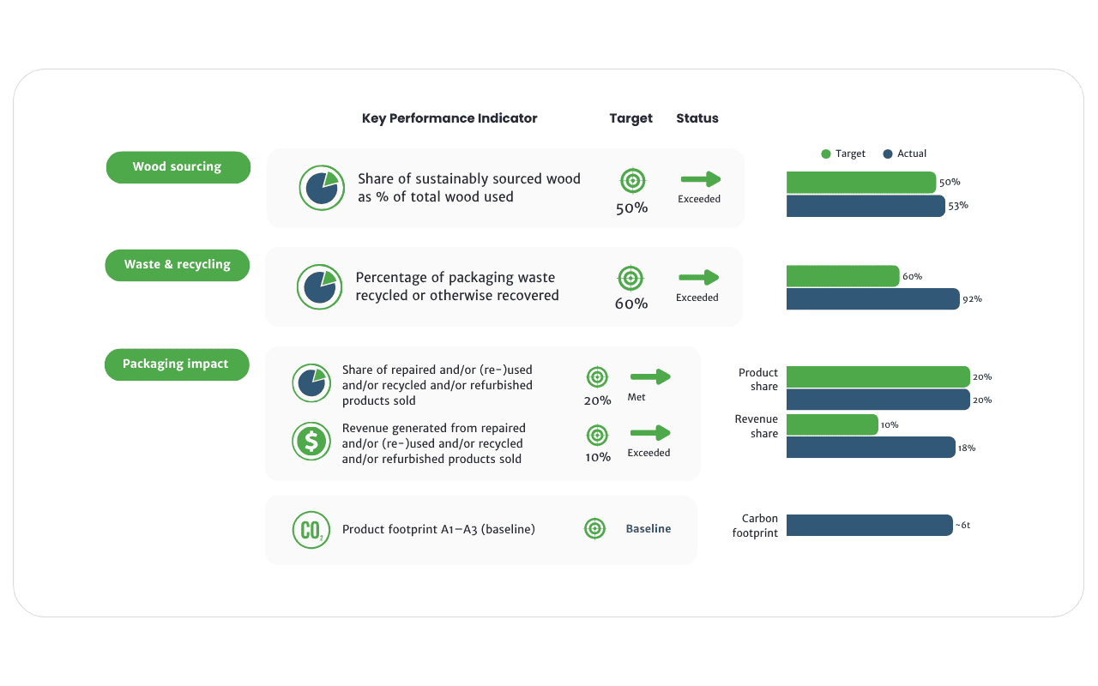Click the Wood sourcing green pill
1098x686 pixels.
click(x=178, y=167)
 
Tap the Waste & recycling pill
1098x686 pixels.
click(x=177, y=265)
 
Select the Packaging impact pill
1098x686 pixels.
click(x=177, y=364)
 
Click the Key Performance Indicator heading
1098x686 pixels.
click(x=449, y=118)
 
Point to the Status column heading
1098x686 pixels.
click(x=697, y=118)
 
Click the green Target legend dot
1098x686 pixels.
click(x=826, y=153)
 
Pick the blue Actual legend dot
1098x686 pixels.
click(x=887, y=153)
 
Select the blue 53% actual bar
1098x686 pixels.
click(x=866, y=206)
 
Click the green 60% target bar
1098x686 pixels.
click(x=843, y=276)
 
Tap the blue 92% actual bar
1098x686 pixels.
click(x=873, y=299)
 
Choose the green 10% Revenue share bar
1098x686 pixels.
click(x=832, y=424)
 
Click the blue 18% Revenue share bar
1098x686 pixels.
click(x=871, y=448)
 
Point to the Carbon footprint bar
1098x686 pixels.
click(x=870, y=526)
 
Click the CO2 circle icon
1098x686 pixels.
click(x=311, y=530)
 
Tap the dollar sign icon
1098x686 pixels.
click(x=311, y=441)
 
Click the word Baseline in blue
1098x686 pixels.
click(x=648, y=529)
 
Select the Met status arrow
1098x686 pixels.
click(x=650, y=376)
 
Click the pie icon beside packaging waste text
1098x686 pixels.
click(x=320, y=287)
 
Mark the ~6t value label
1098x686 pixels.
click(x=962, y=526)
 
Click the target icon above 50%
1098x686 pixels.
click(x=633, y=181)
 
